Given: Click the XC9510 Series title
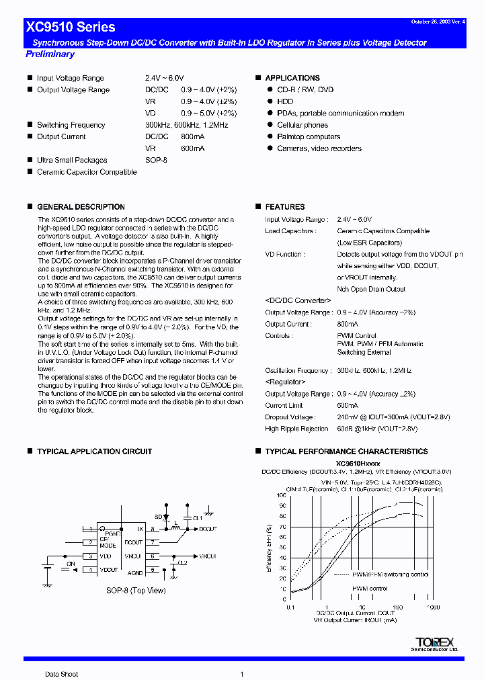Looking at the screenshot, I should pyautogui.click(x=71, y=28).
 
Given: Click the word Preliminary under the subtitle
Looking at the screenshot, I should pyautogui.click(x=50, y=54).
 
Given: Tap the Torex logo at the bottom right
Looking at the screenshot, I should pyautogui.click(x=435, y=643).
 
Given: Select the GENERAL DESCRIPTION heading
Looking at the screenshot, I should pyautogui.click(x=81, y=207).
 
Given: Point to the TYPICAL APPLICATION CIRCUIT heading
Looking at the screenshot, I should pyautogui.click(x=94, y=452).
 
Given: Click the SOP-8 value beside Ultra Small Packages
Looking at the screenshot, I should pyautogui.click(x=156, y=160).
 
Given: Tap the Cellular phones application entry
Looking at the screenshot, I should pyautogui.click(x=302, y=125).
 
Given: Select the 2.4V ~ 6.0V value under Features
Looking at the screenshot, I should pyautogui.click(x=354, y=219).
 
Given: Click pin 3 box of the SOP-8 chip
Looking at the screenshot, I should pyautogui.click(x=89, y=556).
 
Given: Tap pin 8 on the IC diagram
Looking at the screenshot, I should pyautogui.click(x=153, y=529).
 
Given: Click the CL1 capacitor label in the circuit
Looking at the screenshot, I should pyautogui.click(x=198, y=519).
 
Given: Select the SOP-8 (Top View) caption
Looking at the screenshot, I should pyautogui.click(x=136, y=591).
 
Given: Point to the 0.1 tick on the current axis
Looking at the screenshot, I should pyautogui.click(x=290, y=607).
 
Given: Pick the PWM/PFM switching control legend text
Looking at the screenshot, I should pyautogui.click(x=381, y=575).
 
